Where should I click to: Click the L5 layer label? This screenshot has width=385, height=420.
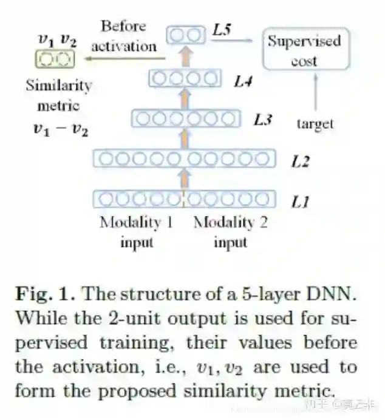coord(222,30)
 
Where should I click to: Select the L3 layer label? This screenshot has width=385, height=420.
coord(262,119)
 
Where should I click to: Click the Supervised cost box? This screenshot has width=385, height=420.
coord(305,49)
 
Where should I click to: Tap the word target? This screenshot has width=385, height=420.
coord(315,124)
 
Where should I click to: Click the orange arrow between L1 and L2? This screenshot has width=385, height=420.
coord(185,178)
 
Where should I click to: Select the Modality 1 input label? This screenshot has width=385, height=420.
coord(136,231)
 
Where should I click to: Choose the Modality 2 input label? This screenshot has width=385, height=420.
coord(230,231)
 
